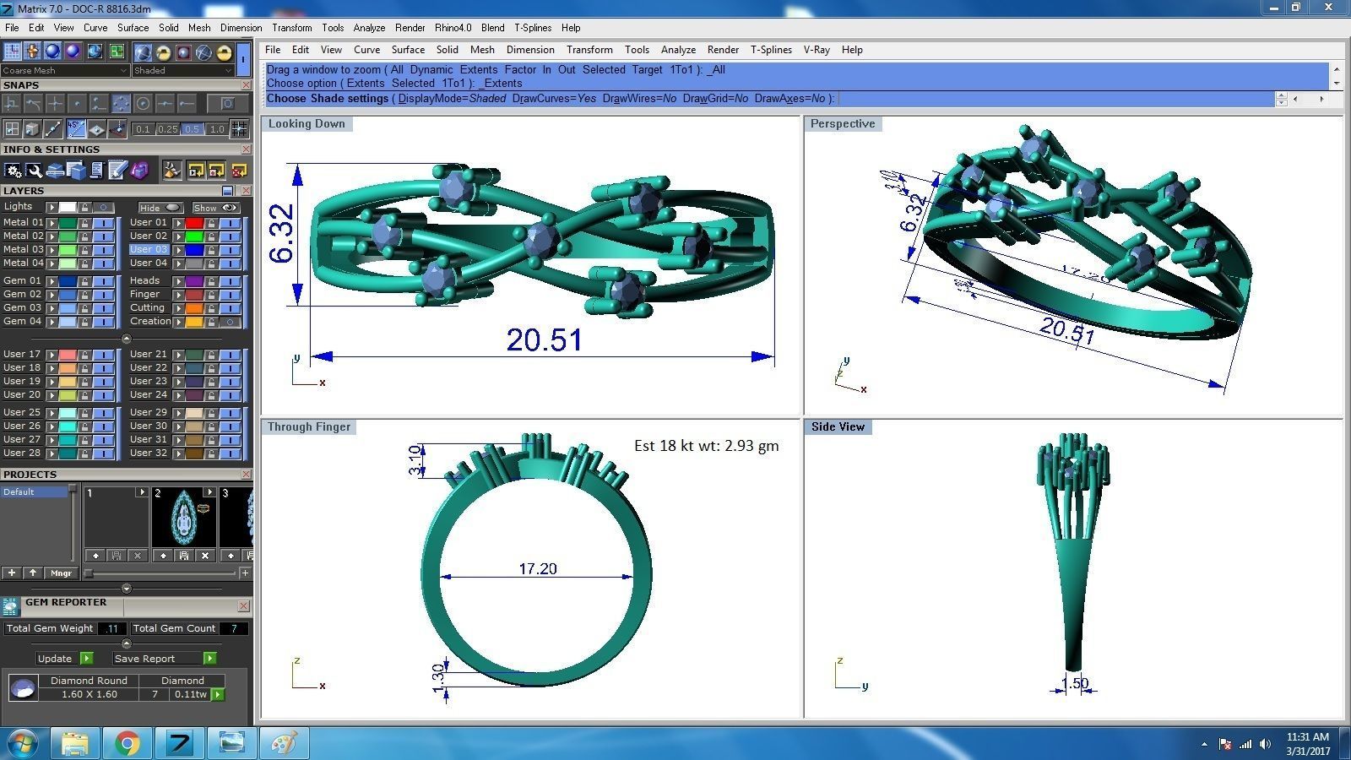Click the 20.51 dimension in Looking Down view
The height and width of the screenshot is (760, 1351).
tap(545, 339)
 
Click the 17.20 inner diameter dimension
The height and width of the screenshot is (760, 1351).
tap(538, 569)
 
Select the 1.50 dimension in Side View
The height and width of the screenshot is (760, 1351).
tap(1074, 683)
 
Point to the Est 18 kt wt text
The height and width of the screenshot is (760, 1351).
tap(706, 446)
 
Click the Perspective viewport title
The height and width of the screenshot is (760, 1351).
tap(842, 123)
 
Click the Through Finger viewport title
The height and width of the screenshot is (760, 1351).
tap(308, 426)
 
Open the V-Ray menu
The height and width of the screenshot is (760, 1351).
tap(817, 50)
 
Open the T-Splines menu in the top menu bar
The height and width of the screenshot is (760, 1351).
tap(533, 28)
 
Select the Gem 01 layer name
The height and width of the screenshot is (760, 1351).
tap(22, 280)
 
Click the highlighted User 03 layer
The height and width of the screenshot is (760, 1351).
tap(149, 249)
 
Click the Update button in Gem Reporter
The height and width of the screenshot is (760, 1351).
tap(56, 659)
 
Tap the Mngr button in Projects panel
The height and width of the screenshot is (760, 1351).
tap(61, 573)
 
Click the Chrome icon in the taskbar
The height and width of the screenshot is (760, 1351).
tap(128, 743)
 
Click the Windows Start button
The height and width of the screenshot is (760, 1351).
tap(23, 743)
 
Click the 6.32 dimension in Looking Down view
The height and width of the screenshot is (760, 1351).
tap(282, 234)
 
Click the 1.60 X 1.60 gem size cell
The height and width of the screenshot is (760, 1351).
tap(89, 694)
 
